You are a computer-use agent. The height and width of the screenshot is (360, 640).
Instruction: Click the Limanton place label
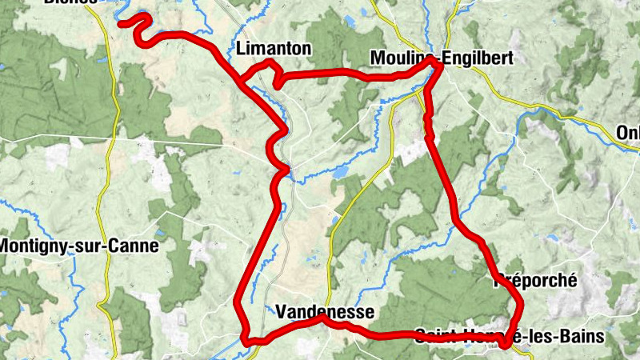coord(274,49)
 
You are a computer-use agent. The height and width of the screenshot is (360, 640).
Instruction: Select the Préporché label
coord(535,279)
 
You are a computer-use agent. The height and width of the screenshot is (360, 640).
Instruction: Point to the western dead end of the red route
coord(122,24)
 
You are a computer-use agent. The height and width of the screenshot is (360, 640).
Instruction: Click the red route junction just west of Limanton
coord(241,81)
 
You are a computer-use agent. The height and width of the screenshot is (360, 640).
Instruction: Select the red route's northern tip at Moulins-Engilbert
coord(433,62)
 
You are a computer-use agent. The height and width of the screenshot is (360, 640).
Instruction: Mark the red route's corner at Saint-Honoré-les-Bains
coord(504,344)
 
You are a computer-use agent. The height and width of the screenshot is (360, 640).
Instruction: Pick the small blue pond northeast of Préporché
coord(552,238)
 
